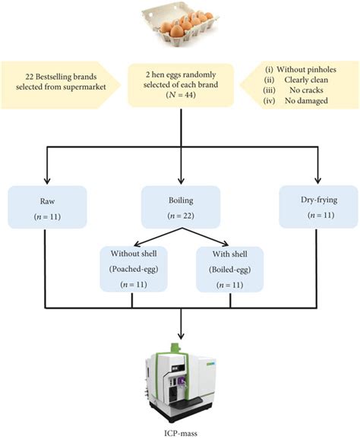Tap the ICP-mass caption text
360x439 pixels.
(x=180, y=429)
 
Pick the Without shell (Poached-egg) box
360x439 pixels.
(x=132, y=267)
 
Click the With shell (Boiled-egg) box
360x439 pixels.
(x=228, y=267)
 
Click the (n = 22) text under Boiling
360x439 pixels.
(x=180, y=216)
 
